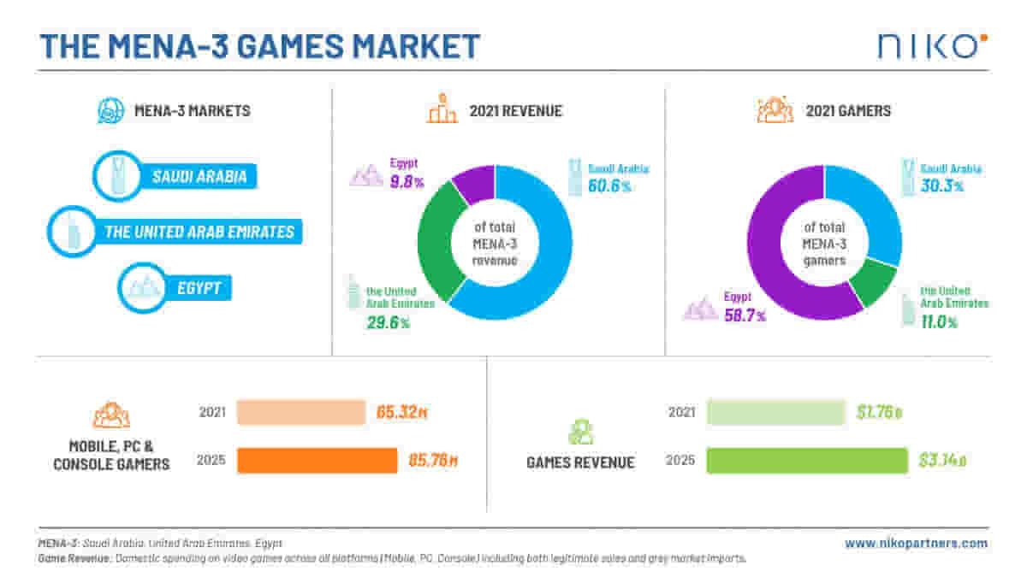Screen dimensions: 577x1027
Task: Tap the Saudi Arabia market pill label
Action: tap(199, 177)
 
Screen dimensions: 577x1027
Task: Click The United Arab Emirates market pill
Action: tap(199, 232)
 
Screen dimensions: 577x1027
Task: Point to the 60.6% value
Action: tap(609, 185)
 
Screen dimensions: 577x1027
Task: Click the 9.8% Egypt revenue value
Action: tap(407, 180)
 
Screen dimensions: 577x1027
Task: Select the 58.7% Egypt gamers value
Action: tap(745, 315)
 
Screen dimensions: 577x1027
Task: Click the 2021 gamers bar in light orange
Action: tap(300, 412)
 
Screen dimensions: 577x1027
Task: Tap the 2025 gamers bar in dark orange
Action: tap(317, 461)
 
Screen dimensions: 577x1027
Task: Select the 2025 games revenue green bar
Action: tap(807, 461)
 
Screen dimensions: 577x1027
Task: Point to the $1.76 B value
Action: tap(880, 413)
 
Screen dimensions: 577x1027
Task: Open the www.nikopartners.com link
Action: tap(916, 543)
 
